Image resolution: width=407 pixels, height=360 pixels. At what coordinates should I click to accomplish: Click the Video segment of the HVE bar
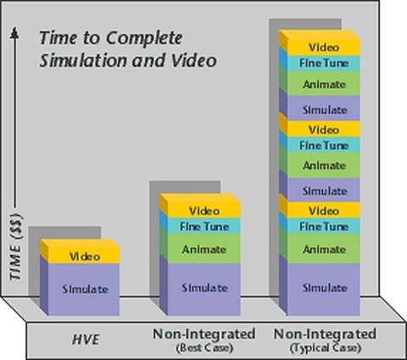[x=84, y=256]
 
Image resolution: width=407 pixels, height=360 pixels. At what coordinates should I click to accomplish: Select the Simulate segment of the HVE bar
[x=84, y=289]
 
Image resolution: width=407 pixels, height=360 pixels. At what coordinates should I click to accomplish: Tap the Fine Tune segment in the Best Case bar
[x=204, y=226]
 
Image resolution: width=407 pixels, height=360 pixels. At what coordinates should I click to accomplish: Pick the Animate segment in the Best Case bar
[x=204, y=249]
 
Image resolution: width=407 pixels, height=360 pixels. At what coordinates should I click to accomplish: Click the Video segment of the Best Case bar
[x=204, y=210]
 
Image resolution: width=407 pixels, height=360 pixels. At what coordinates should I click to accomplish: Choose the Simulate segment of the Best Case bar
[x=204, y=289]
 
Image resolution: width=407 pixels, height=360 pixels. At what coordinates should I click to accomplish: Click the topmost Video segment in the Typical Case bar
[x=324, y=47]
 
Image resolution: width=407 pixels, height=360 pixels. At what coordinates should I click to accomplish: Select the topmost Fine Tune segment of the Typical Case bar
[x=324, y=63]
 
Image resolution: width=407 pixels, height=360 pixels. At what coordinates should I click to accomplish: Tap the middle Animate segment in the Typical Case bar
[x=324, y=165]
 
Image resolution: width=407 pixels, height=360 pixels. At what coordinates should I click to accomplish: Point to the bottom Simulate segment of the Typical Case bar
[x=324, y=289]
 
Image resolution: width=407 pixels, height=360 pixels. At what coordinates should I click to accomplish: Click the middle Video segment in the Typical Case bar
[x=324, y=130]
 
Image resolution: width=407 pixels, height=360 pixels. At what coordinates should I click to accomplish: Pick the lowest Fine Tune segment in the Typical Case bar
[x=324, y=226]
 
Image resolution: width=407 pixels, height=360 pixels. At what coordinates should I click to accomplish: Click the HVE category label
[x=86, y=340]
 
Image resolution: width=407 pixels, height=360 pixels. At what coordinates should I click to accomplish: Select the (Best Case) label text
[x=204, y=347]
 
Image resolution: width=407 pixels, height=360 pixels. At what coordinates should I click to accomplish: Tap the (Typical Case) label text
[x=326, y=347]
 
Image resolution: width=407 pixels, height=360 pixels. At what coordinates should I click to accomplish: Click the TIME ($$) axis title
[x=16, y=247]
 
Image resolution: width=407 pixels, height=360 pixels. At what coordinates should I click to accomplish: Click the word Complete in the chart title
[x=144, y=38]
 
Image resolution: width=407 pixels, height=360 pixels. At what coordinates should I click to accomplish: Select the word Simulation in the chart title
[x=83, y=60]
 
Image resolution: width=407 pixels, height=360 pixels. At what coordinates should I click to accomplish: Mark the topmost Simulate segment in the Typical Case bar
[x=324, y=109]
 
